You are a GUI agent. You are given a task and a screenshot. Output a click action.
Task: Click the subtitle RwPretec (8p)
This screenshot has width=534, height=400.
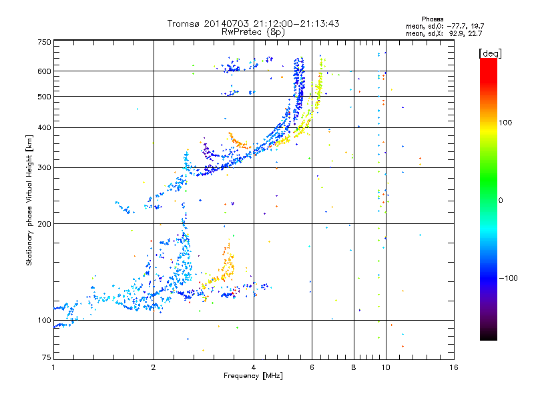coord(253,32)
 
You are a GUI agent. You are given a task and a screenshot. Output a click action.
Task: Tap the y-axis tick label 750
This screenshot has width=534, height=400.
coord(45,42)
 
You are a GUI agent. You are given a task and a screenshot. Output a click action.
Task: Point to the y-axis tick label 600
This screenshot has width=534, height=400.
coord(45,71)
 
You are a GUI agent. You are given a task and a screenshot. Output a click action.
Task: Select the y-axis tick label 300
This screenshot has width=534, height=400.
coord(45,168)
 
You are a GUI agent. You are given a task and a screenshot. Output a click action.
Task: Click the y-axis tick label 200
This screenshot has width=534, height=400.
coord(45,224)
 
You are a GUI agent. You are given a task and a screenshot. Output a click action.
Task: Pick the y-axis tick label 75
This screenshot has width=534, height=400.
coord(47,357)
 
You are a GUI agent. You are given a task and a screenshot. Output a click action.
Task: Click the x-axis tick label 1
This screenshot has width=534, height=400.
coord(53,367)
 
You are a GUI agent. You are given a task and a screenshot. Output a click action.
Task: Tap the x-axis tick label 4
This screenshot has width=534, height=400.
coord(254,367)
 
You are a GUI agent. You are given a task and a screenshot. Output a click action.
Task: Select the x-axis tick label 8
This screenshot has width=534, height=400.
coord(354,367)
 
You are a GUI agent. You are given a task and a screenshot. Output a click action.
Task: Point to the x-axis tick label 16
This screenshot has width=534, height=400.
coord(454,367)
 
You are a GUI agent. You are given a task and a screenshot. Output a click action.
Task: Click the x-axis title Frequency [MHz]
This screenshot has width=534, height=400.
coord(253,376)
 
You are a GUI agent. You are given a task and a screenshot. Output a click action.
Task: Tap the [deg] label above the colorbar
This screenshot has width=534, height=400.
coord(490,53)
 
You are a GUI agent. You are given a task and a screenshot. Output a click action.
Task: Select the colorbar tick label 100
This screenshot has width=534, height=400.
coord(505,123)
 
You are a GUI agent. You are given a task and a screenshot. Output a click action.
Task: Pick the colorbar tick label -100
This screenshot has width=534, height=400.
coord(508,278)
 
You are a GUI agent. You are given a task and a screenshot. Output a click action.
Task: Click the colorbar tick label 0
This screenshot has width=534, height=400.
coord(501,201)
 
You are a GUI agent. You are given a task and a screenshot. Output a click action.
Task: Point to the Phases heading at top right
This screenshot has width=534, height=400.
coord(432,19)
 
